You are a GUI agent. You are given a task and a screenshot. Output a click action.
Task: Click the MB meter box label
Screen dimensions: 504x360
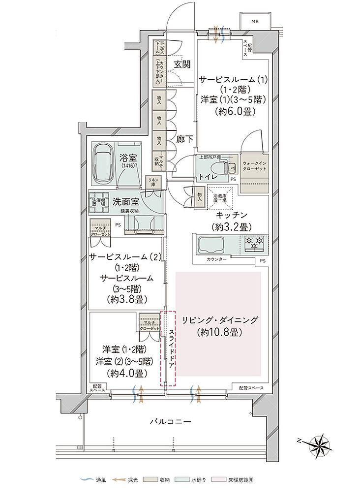point(254,22)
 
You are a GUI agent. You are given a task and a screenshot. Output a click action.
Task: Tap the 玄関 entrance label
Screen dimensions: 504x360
point(182,64)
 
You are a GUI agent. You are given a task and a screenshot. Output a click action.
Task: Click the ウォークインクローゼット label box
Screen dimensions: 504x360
point(254,166)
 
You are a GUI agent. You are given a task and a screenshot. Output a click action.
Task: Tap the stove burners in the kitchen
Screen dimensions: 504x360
point(254,242)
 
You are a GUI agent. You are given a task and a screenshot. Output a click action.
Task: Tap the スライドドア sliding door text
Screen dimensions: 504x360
point(171,347)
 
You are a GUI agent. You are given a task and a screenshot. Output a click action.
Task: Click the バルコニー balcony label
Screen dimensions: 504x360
point(171,422)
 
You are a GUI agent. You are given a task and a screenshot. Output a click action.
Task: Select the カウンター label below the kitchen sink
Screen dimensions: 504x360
point(216,259)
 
